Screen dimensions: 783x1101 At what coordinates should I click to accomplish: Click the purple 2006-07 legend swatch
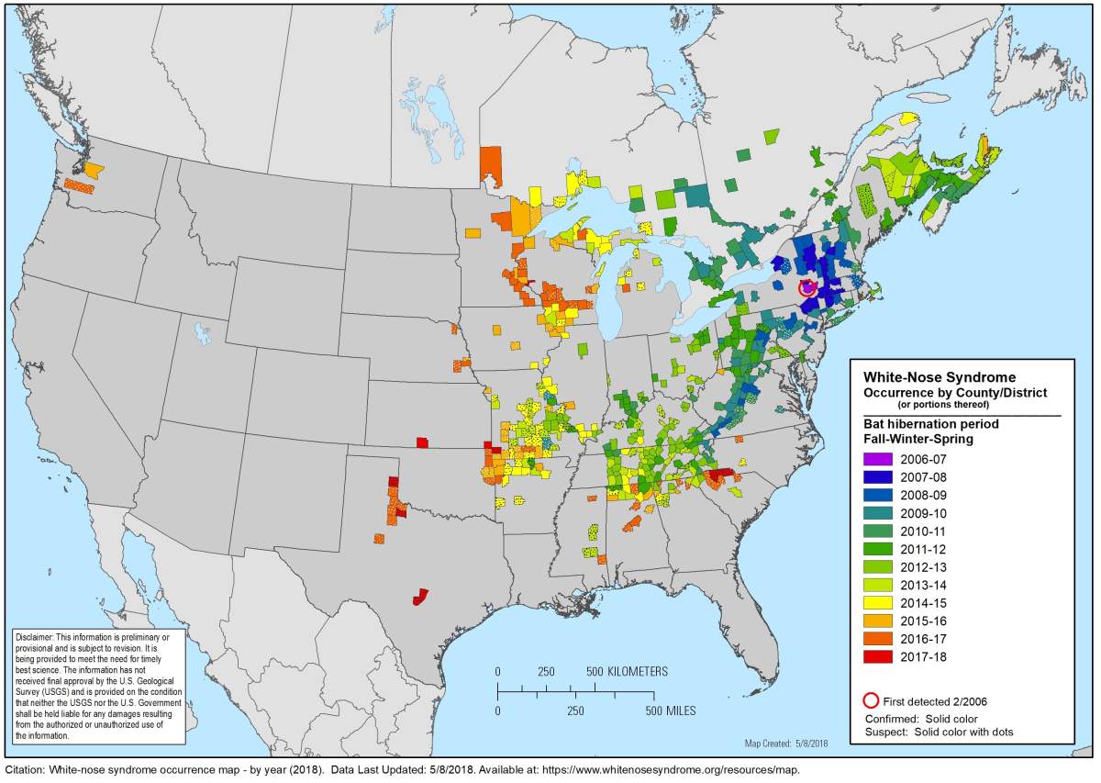[878, 459]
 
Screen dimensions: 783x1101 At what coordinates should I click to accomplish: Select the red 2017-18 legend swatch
[878, 656]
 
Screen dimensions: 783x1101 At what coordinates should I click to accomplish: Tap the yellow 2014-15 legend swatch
[878, 603]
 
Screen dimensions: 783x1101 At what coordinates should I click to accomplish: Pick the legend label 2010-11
[925, 531]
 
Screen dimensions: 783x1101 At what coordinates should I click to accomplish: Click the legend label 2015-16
[925, 621]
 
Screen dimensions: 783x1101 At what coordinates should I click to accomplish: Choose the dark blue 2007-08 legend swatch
[878, 477]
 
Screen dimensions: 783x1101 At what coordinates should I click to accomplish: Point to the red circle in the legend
[872, 701]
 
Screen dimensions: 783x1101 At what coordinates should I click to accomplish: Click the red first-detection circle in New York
[807, 288]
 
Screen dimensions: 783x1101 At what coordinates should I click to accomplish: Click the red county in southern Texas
[421, 597]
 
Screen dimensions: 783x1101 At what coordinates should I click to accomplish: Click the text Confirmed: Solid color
[921, 718]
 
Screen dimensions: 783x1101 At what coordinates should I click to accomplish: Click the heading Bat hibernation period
[930, 424]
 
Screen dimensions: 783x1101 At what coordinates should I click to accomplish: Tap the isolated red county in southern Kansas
[421, 442]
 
